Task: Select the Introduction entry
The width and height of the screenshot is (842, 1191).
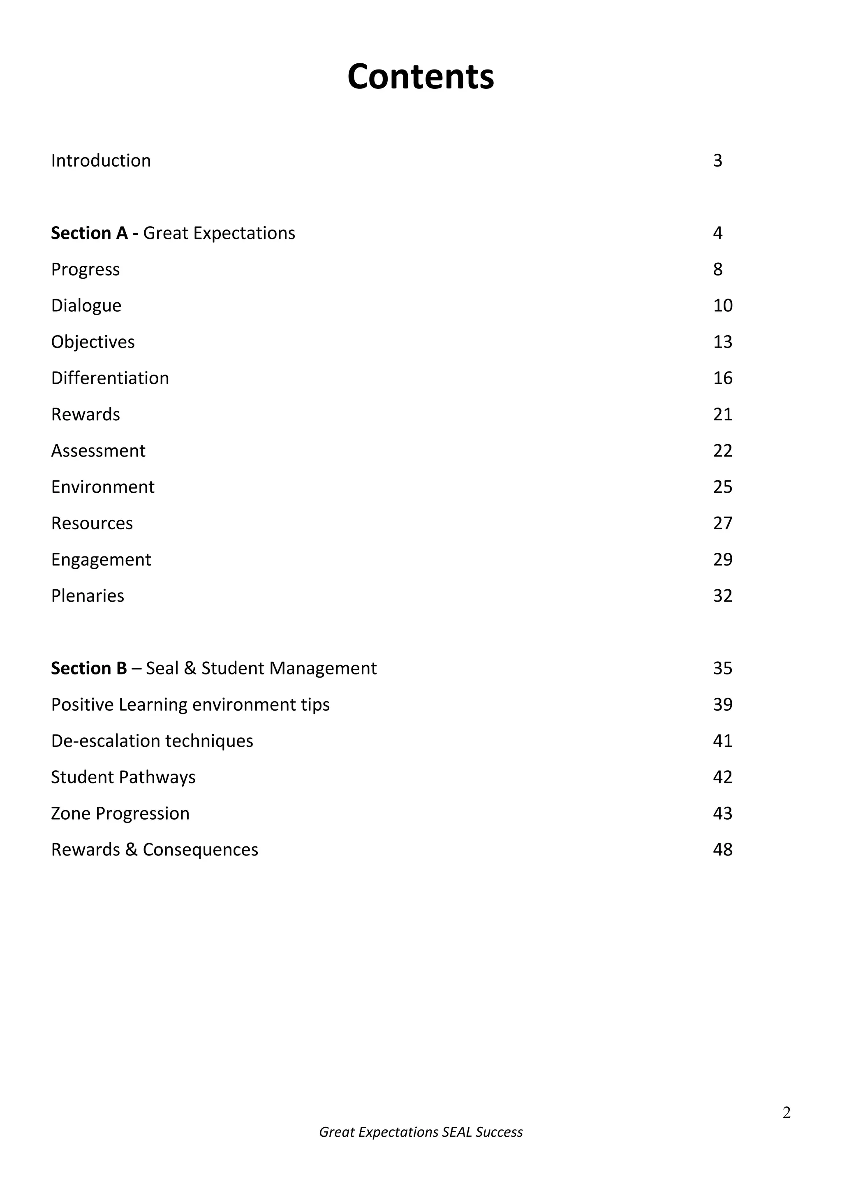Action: coord(101,161)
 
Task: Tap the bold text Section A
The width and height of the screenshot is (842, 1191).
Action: coord(89,234)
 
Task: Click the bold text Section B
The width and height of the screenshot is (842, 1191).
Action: coord(89,668)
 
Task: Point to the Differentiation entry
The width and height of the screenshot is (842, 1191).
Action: coord(110,378)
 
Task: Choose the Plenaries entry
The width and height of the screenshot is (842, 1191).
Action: coord(88,596)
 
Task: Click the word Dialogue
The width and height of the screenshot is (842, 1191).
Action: coord(86,306)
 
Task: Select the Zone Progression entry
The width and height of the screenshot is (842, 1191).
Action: coord(120,813)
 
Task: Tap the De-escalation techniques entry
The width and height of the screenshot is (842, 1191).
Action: coord(152,741)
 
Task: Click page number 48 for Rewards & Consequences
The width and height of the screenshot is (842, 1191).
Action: coord(722,850)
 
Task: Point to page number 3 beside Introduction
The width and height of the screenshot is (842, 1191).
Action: coord(717,161)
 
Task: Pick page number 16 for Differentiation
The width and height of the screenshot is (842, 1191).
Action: coord(722,378)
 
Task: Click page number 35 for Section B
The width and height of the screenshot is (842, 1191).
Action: coord(722,668)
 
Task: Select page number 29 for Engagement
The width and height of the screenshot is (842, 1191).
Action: coord(722,560)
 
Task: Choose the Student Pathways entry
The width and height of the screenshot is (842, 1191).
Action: coord(123,777)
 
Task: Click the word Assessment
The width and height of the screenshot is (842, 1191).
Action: coord(98,451)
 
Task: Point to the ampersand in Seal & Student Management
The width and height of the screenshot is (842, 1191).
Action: coord(190,668)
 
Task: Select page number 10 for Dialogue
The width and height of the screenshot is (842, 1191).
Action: coord(722,306)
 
